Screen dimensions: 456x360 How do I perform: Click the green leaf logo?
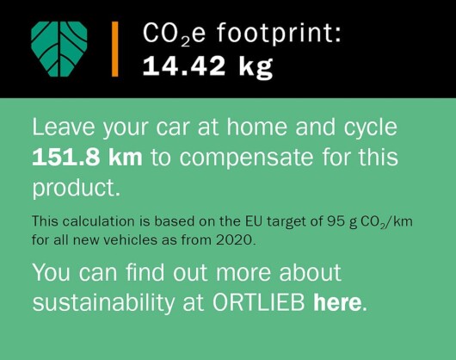point(59,49)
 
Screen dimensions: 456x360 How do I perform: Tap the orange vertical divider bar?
point(115,49)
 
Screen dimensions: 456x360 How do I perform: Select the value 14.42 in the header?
point(184,66)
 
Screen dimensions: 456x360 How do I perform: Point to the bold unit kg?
point(256,67)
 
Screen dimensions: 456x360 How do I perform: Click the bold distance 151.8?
point(66,157)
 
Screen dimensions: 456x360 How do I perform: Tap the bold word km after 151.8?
point(126,157)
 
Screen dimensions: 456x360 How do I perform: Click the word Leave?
point(64,127)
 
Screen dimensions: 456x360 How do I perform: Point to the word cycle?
point(371,129)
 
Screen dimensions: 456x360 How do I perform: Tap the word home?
point(256,127)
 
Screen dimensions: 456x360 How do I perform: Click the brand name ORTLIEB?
point(259,302)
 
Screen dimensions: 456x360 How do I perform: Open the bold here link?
point(337,302)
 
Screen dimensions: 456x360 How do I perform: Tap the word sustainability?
point(103,304)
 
